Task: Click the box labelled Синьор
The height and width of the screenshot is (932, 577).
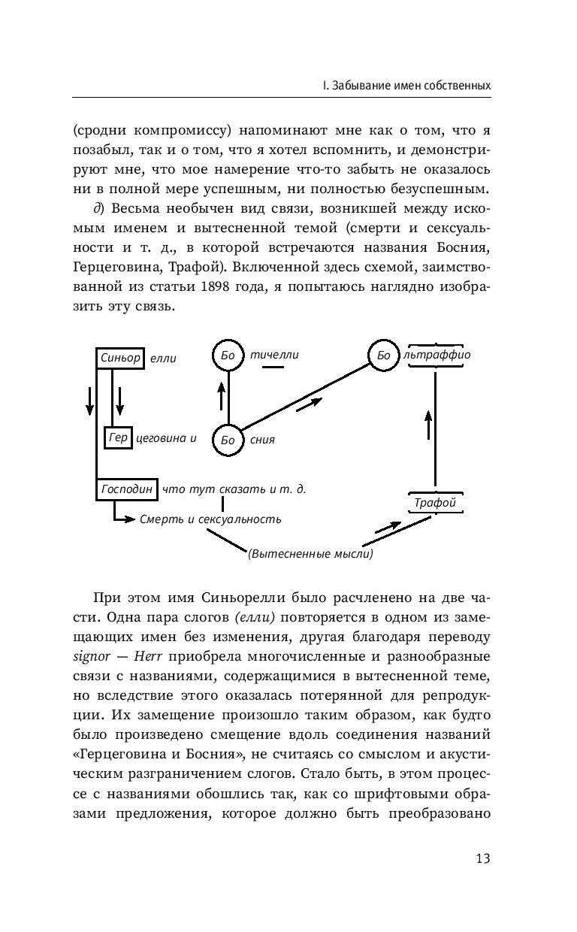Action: pyautogui.click(x=120, y=358)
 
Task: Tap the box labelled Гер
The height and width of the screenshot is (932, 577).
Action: pyautogui.click(x=118, y=437)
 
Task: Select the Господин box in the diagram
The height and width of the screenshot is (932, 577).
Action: pyautogui.click(x=127, y=489)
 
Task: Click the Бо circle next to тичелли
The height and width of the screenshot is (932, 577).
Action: pyautogui.click(x=228, y=355)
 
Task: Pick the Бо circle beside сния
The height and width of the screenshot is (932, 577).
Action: pyautogui.click(x=228, y=440)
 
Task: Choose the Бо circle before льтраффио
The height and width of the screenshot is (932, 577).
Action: pyautogui.click(x=384, y=355)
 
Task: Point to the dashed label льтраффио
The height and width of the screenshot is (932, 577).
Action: pyautogui.click(x=437, y=355)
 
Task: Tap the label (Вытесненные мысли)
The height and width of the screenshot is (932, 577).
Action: pyautogui.click(x=310, y=554)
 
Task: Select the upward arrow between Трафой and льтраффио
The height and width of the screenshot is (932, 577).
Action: pyautogui.click(x=427, y=425)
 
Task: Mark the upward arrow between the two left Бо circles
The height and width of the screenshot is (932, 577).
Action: pyautogui.click(x=222, y=396)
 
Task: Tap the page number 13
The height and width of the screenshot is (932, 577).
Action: pyautogui.click(x=483, y=858)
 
